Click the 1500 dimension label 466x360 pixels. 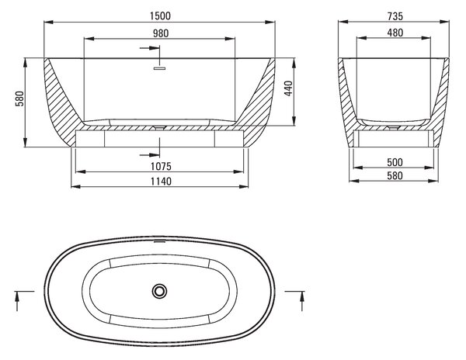pyautogui.click(x=160, y=16)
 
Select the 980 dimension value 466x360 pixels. pyautogui.click(x=161, y=33)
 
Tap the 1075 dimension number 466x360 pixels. pyautogui.click(x=161, y=166)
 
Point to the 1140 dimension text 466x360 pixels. pyautogui.click(x=161, y=181)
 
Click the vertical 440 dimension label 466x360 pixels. pyautogui.click(x=288, y=88)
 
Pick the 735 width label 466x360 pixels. pyautogui.click(x=395, y=16)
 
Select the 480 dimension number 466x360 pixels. pyautogui.click(x=395, y=33)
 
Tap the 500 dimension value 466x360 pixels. pyautogui.click(x=395, y=162)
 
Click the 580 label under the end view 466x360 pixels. pyautogui.click(x=395, y=175)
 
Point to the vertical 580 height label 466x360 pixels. pyautogui.click(x=19, y=99)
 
